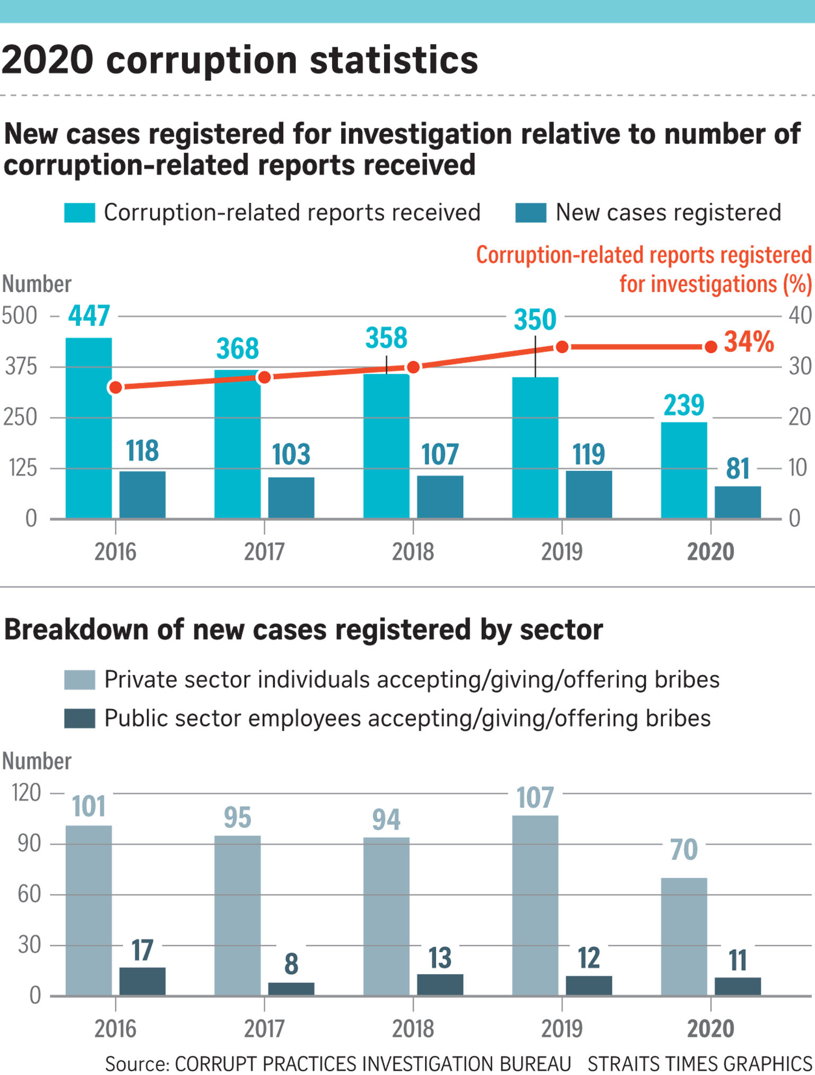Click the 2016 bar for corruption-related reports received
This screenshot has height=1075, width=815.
pos(89,427)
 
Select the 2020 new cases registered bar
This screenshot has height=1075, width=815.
pos(738,502)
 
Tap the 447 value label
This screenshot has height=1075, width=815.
pos(89,316)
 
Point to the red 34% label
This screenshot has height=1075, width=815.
pos(749,341)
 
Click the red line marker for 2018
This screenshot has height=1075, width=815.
pos(413,367)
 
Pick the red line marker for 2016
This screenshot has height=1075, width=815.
pos(115,388)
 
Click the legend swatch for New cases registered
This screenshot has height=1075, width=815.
pos(531,213)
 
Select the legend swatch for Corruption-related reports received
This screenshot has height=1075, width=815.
pos(80,213)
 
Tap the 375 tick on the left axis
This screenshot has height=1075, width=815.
pos(21,366)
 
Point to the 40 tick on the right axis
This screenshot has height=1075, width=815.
pos(800,316)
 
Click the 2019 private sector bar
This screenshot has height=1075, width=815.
pos(535,905)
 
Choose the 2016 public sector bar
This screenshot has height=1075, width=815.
pos(142,981)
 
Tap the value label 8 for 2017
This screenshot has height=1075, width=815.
pos(291,964)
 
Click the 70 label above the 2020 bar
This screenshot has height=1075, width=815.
pos(684,849)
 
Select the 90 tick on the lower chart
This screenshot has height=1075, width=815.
pos(29,843)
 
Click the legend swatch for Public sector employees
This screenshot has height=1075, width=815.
pos(80,718)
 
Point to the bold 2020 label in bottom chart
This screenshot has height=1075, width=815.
pos(710,1028)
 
